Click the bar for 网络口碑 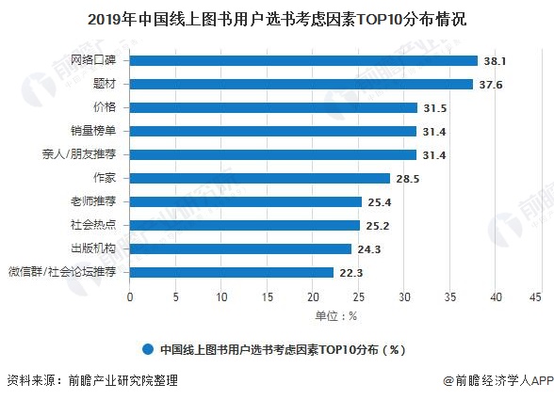304,61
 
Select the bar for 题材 301,85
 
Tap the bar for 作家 260,178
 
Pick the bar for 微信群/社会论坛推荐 232,272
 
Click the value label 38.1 496,61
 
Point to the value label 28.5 407,178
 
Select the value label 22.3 351,272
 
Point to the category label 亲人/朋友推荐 85,154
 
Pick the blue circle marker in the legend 148,348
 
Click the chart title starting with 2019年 276,18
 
